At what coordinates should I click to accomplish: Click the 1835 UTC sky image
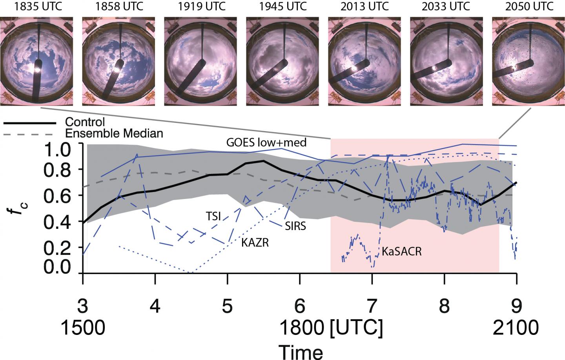point(36,61)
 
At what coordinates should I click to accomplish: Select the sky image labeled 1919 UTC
point(200,61)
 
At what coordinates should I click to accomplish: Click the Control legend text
point(86,122)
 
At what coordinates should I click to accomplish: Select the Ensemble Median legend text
point(114,133)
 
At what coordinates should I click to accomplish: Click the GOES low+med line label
point(266,143)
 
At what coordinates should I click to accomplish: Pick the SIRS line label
point(295,226)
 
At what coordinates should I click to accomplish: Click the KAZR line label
point(255,243)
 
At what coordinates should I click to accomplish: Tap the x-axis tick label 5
point(228,307)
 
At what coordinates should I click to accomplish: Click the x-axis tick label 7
point(372,307)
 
